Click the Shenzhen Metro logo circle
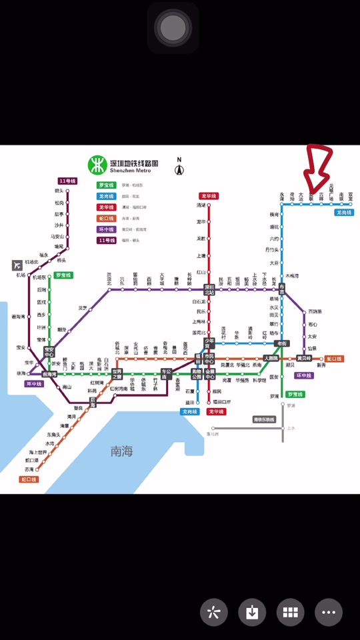click(x=98, y=165)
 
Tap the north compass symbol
click(x=179, y=169)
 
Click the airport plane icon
click(x=17, y=265)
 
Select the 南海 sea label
click(x=122, y=451)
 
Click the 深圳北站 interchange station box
click(x=209, y=290)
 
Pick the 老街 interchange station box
click(x=281, y=344)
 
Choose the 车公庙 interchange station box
click(x=167, y=373)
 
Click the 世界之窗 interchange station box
click(x=117, y=373)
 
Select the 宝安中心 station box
click(x=49, y=351)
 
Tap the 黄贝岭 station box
click(x=304, y=359)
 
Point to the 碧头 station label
click(x=59, y=191)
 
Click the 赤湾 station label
click(x=29, y=469)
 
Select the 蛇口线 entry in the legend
click(x=107, y=218)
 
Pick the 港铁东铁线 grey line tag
click(x=264, y=419)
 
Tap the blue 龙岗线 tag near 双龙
click(x=344, y=212)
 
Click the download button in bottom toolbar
click(x=252, y=613)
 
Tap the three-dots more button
click(x=329, y=613)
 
